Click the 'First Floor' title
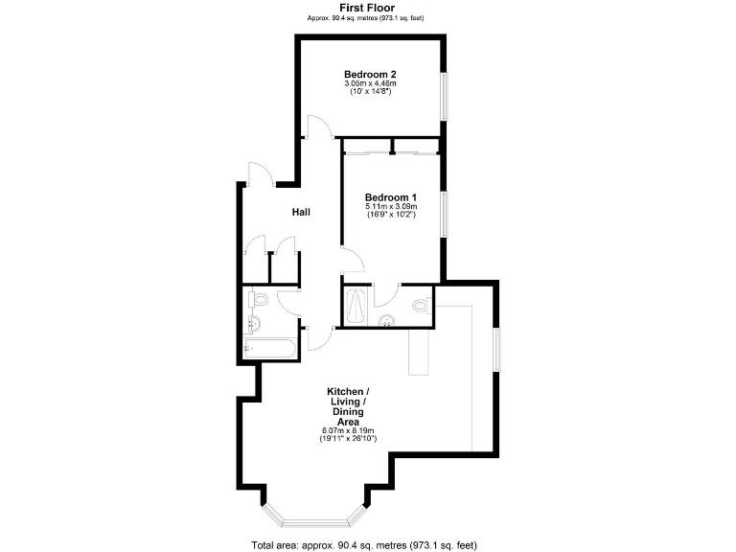tap(367, 8)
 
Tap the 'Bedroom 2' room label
tap(370, 74)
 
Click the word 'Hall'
tap(301, 212)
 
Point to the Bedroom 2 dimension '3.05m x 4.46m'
tap(370, 84)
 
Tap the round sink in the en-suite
tap(387, 321)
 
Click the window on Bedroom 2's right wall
tap(444, 96)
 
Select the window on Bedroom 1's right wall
tap(444, 213)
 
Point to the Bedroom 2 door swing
tap(318, 128)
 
